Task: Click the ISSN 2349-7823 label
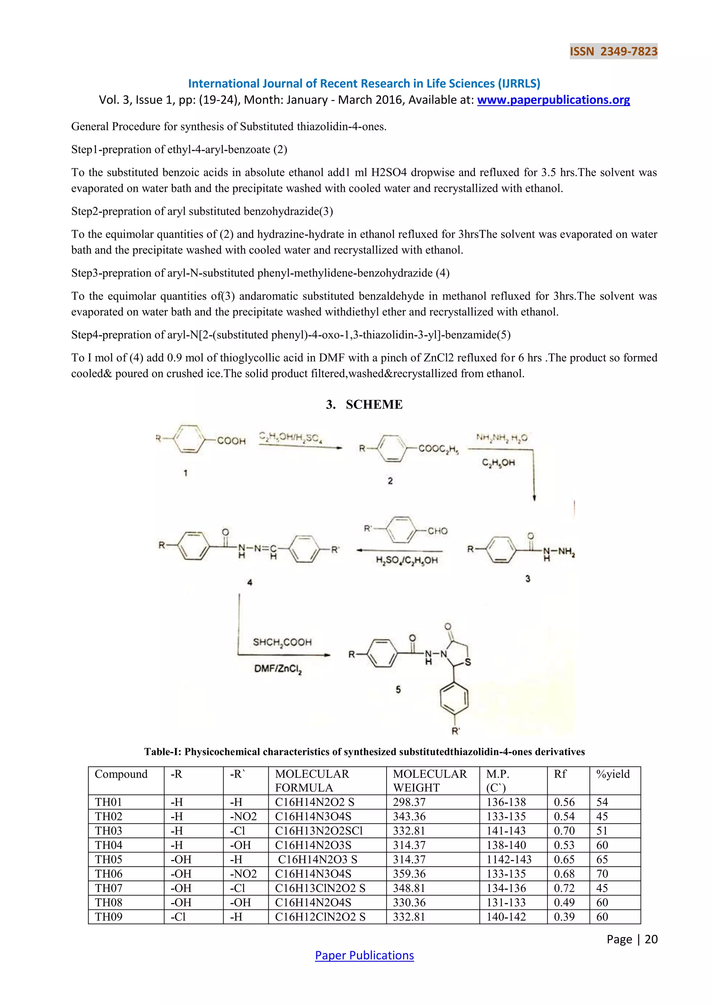click(x=613, y=52)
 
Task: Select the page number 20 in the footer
click(x=651, y=939)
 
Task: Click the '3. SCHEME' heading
click(x=364, y=404)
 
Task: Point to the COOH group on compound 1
click(x=231, y=441)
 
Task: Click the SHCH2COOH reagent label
click(x=282, y=642)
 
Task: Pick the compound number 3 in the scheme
click(x=528, y=579)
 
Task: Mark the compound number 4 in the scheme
click(x=250, y=582)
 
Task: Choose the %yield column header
click(x=613, y=774)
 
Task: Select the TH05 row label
click(x=109, y=860)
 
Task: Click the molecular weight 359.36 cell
click(x=409, y=874)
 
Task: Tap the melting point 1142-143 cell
click(x=509, y=860)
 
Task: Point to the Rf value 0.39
click(x=564, y=917)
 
